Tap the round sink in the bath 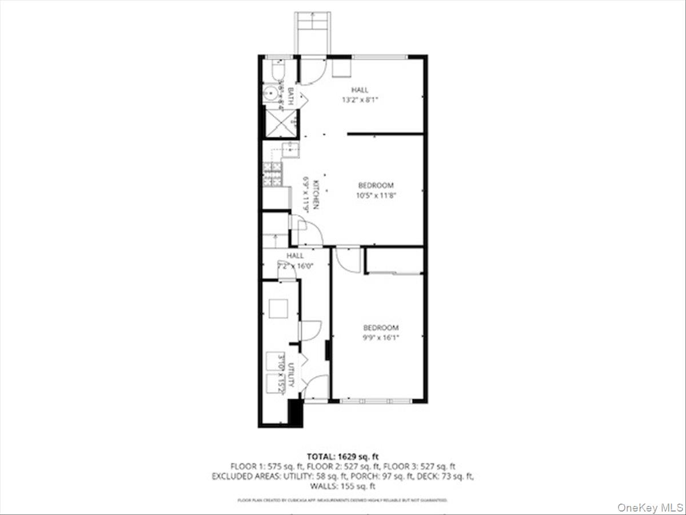click(270, 93)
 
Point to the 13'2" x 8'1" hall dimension click(360, 99)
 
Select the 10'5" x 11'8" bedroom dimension click(376, 195)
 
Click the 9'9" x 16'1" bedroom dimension click(381, 337)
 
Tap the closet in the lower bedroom click(394, 261)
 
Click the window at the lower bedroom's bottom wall click(375, 401)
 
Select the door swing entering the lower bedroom click(346, 259)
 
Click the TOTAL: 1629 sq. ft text click(343, 457)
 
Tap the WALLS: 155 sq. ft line click(343, 486)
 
